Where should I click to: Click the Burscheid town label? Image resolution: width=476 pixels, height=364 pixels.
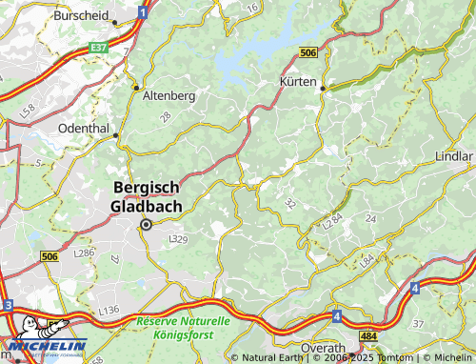pos(82,16)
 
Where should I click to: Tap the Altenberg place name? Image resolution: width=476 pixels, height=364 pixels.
pos(168,96)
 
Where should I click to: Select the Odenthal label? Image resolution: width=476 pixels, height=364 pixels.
pos(87,127)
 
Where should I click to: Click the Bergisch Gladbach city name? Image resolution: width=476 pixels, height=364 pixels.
pos(152,197)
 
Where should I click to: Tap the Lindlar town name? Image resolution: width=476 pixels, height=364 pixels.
pos(453,155)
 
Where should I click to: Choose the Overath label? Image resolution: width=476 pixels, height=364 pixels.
pos(322,348)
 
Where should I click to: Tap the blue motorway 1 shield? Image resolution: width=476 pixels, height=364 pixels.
pos(142,12)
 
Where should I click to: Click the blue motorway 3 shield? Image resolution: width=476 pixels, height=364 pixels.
pos(7,305)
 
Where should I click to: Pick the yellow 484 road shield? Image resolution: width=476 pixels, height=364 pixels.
pos(368,337)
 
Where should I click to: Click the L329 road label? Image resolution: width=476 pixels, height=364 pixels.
pos(178,238)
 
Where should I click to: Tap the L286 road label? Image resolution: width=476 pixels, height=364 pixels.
pos(84,253)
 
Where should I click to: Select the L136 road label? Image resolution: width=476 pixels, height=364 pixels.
pos(109,311)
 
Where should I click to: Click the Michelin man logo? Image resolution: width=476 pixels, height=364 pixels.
pos(27,329)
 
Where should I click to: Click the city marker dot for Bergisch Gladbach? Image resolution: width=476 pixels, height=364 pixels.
pos(146,225)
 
